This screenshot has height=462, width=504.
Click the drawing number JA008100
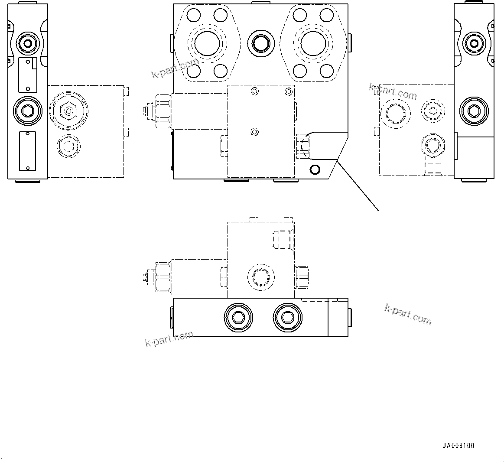tap(458, 446)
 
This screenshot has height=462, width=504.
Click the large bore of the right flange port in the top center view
tap(315, 43)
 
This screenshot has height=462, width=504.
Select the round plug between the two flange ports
tap(261, 43)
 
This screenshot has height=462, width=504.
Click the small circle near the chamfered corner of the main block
tap(315, 169)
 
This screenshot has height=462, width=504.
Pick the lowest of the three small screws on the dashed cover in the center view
tap(255, 131)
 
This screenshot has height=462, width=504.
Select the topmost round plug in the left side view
tap(28, 43)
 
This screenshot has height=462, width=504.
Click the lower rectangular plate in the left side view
tap(27, 151)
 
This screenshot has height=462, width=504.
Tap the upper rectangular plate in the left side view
tap(27, 75)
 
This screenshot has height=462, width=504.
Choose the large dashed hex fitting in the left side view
tap(68, 111)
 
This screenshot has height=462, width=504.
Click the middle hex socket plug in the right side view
tap(473, 111)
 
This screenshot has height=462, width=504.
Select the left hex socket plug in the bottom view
tap(238, 319)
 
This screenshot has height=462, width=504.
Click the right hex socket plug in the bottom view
tap(287, 319)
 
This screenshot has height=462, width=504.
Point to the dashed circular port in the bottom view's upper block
tap(260, 277)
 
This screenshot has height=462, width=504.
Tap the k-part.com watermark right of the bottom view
tap(408, 314)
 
